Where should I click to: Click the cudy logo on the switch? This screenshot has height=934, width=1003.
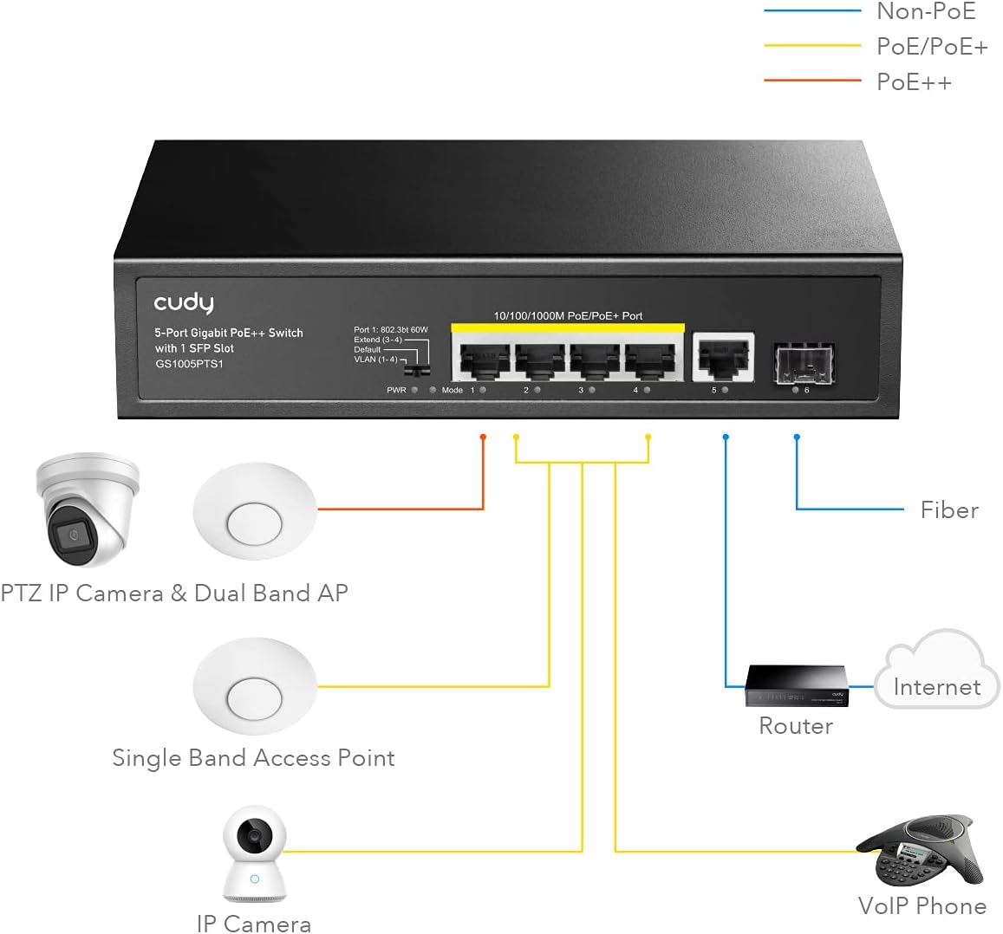[183, 302]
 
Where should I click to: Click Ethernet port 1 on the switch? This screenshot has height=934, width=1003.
[480, 360]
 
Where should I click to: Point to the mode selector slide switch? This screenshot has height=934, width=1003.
[420, 370]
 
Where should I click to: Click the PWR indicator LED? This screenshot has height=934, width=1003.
[415, 391]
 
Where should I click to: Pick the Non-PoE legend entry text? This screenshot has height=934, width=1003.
[926, 11]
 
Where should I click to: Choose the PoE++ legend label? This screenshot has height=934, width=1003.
[914, 82]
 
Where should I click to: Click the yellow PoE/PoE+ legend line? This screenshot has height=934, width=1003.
[811, 46]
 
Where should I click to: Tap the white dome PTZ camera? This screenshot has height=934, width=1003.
[87, 509]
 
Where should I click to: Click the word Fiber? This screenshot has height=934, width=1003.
[949, 510]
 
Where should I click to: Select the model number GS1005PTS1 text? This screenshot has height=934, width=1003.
[189, 364]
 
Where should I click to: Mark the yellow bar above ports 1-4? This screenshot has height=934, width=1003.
[568, 328]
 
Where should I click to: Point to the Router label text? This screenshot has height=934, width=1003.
[795, 726]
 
